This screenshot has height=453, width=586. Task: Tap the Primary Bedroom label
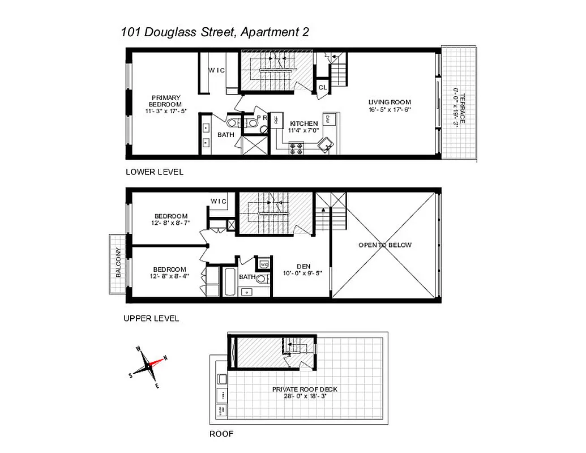click(165, 101)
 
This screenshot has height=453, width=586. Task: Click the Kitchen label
click(303, 123)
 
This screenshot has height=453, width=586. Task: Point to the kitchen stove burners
click(297, 148)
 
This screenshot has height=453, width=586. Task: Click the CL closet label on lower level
click(322, 87)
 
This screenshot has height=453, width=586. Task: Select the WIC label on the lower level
click(217, 71)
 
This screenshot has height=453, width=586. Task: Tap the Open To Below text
click(385, 245)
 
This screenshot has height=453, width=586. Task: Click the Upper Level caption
click(151, 318)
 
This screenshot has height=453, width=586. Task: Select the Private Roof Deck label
click(305, 389)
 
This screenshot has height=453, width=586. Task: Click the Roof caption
click(221, 434)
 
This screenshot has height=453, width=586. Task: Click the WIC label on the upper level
click(219, 202)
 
